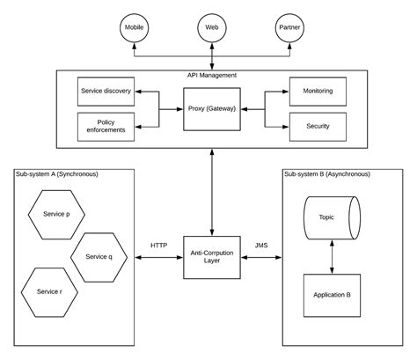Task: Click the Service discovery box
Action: [x=106, y=92]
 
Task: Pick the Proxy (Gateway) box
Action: [x=211, y=108]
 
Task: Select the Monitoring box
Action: [x=318, y=91]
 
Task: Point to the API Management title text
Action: [x=211, y=76]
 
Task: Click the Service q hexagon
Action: [x=99, y=256]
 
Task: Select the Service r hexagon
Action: [x=50, y=290]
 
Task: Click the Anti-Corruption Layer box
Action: [x=211, y=258]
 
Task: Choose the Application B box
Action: [x=331, y=295]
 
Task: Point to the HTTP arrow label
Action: [x=158, y=246]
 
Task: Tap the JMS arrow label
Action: [x=261, y=246]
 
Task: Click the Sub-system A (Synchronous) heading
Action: [x=57, y=174]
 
